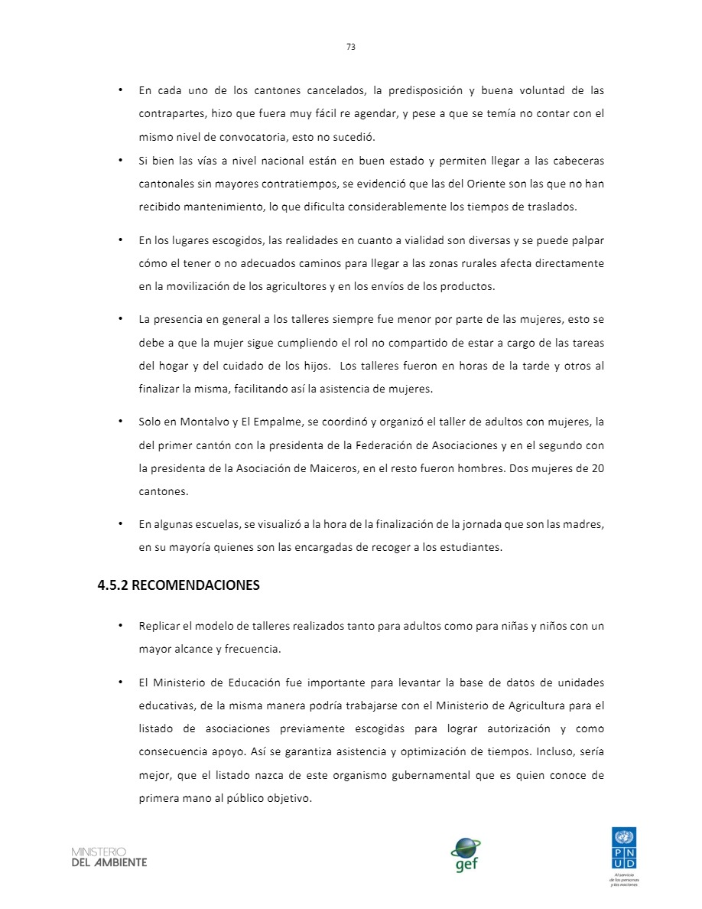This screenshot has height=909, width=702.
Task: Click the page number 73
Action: [351, 47]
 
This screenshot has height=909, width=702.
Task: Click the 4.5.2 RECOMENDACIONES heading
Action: [178, 585]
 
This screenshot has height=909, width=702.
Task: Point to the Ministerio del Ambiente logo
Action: [109, 857]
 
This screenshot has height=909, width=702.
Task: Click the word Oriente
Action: [444, 184]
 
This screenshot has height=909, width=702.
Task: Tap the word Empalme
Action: [274, 422]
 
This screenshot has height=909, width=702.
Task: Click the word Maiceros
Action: [331, 468]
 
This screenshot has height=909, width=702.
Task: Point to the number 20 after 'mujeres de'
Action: [597, 468]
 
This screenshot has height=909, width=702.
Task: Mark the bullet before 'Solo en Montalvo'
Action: [121, 422]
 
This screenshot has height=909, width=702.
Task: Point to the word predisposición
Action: [430, 90]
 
